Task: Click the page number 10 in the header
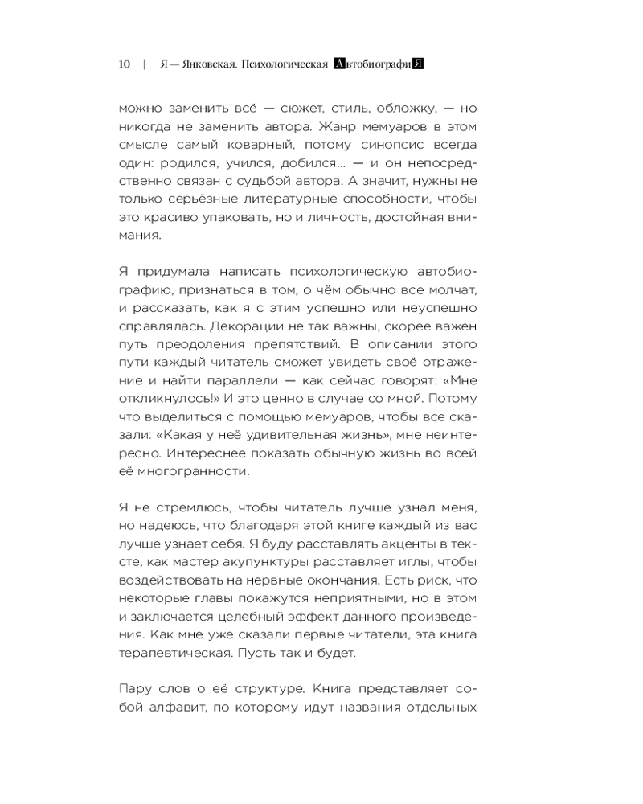pyautogui.click(x=124, y=65)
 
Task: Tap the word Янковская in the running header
pyautogui.click(x=206, y=65)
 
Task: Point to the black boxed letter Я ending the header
pyautogui.click(x=417, y=65)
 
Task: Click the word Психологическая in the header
pyautogui.click(x=283, y=65)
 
